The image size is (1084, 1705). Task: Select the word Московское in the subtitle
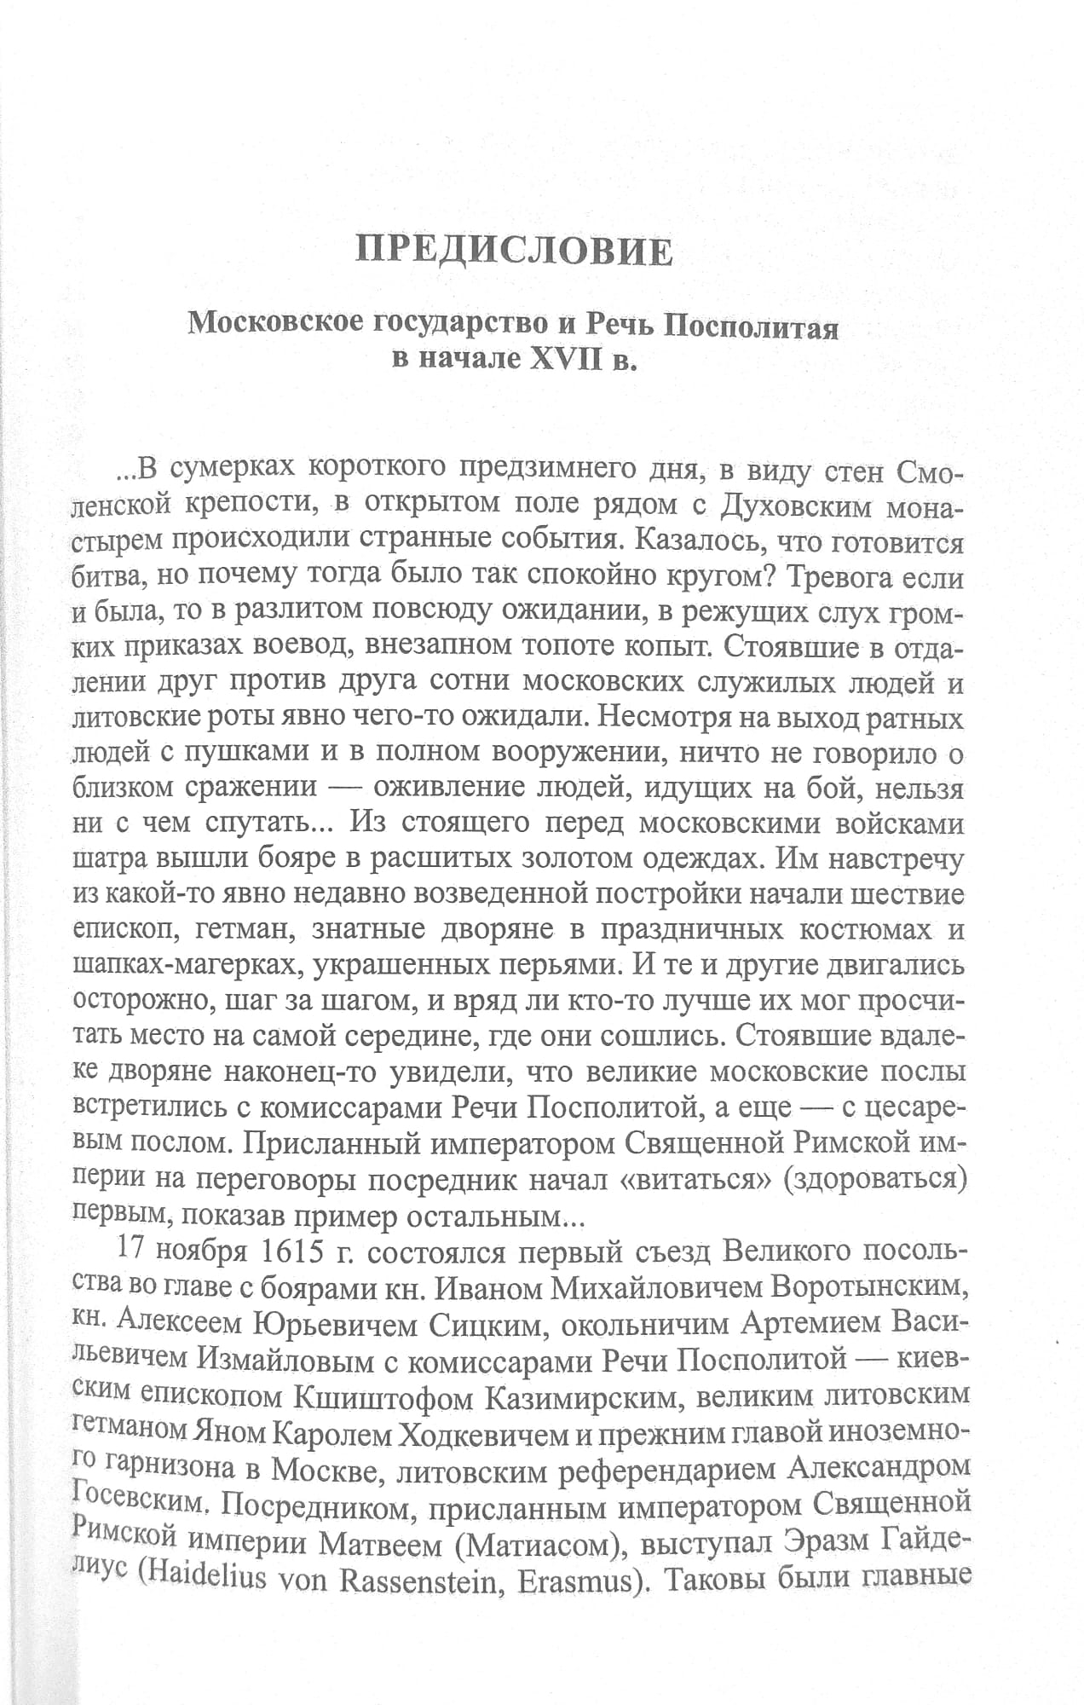(x=273, y=323)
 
